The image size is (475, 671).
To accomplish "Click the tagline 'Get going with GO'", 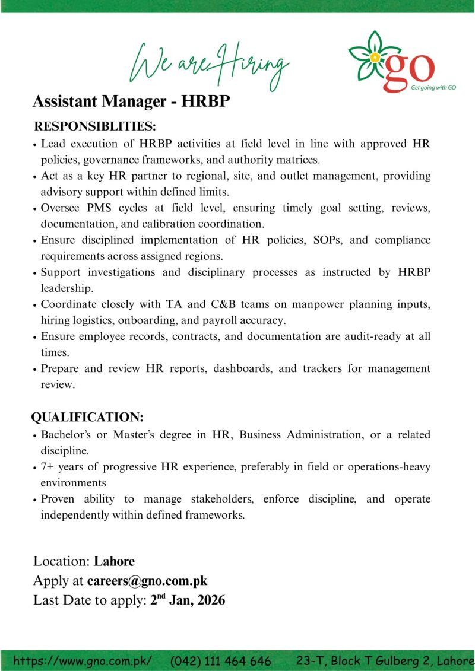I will (433, 87).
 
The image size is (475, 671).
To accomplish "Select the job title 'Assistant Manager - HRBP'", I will (131, 101).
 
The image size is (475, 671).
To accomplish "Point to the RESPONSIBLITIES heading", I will (95, 126).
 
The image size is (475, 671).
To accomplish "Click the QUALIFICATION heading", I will (87, 417).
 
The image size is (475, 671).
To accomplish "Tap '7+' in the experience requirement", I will (48, 468).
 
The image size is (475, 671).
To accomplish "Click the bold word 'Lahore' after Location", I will (115, 561).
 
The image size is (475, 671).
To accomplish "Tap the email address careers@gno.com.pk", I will (147, 581).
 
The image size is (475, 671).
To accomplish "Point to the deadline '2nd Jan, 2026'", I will (188, 600).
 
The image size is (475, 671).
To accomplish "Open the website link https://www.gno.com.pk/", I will (83, 660).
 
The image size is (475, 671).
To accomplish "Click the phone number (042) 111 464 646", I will (221, 660).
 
